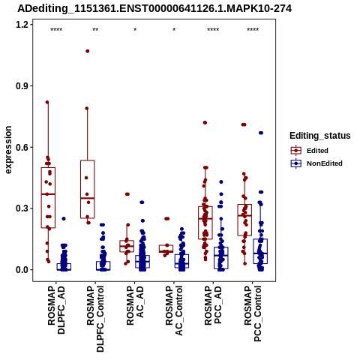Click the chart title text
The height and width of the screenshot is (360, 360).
coord(154,9)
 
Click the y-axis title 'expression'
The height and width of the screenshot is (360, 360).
coord(8,150)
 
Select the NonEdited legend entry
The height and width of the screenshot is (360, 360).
coord(316,163)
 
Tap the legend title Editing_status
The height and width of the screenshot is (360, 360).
coord(320,136)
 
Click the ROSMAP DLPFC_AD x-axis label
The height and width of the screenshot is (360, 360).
coord(56,310)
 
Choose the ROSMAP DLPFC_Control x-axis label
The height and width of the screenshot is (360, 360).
coord(95,319)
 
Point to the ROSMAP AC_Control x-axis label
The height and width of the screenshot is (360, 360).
coord(174,310)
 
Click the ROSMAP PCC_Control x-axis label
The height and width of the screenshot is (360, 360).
coord(253,313)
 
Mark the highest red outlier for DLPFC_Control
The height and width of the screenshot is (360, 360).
coord(88,51)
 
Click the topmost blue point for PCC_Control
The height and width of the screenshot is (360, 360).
coord(261,133)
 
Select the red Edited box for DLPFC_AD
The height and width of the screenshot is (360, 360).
coord(48,198)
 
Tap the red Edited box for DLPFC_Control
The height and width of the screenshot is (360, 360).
coord(88,189)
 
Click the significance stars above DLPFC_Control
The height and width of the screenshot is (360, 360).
coord(95,30)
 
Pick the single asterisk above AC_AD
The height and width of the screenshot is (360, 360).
coord(135,30)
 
